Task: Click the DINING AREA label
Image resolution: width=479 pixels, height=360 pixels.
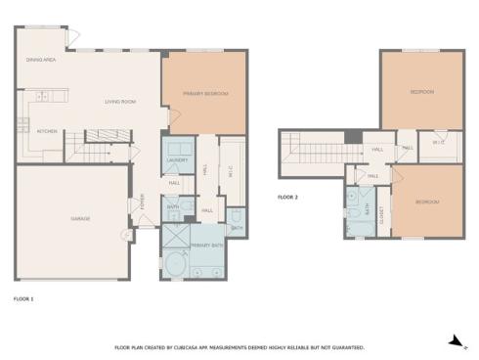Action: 41,61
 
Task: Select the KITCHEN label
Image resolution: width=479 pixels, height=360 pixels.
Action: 47,131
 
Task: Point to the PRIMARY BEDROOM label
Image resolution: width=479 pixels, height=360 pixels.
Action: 205,93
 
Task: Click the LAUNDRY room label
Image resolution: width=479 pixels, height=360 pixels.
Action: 177,159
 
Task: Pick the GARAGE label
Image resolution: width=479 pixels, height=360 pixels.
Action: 80,218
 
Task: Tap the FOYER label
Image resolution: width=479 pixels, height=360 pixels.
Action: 144,202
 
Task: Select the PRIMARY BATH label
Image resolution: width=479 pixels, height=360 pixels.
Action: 205,244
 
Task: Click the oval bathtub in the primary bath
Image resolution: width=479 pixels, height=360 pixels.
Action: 178,264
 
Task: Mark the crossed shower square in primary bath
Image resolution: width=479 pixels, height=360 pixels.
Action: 175,238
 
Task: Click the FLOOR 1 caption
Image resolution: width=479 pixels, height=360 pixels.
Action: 23,297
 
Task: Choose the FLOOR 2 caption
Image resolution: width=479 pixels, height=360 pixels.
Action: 287,197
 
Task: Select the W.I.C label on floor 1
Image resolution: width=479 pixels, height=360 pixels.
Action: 231,169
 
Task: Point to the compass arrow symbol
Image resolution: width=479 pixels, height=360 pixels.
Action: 454,340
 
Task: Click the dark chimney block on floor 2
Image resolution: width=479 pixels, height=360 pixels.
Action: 353,135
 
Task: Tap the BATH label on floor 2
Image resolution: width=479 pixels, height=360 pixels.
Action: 368,208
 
